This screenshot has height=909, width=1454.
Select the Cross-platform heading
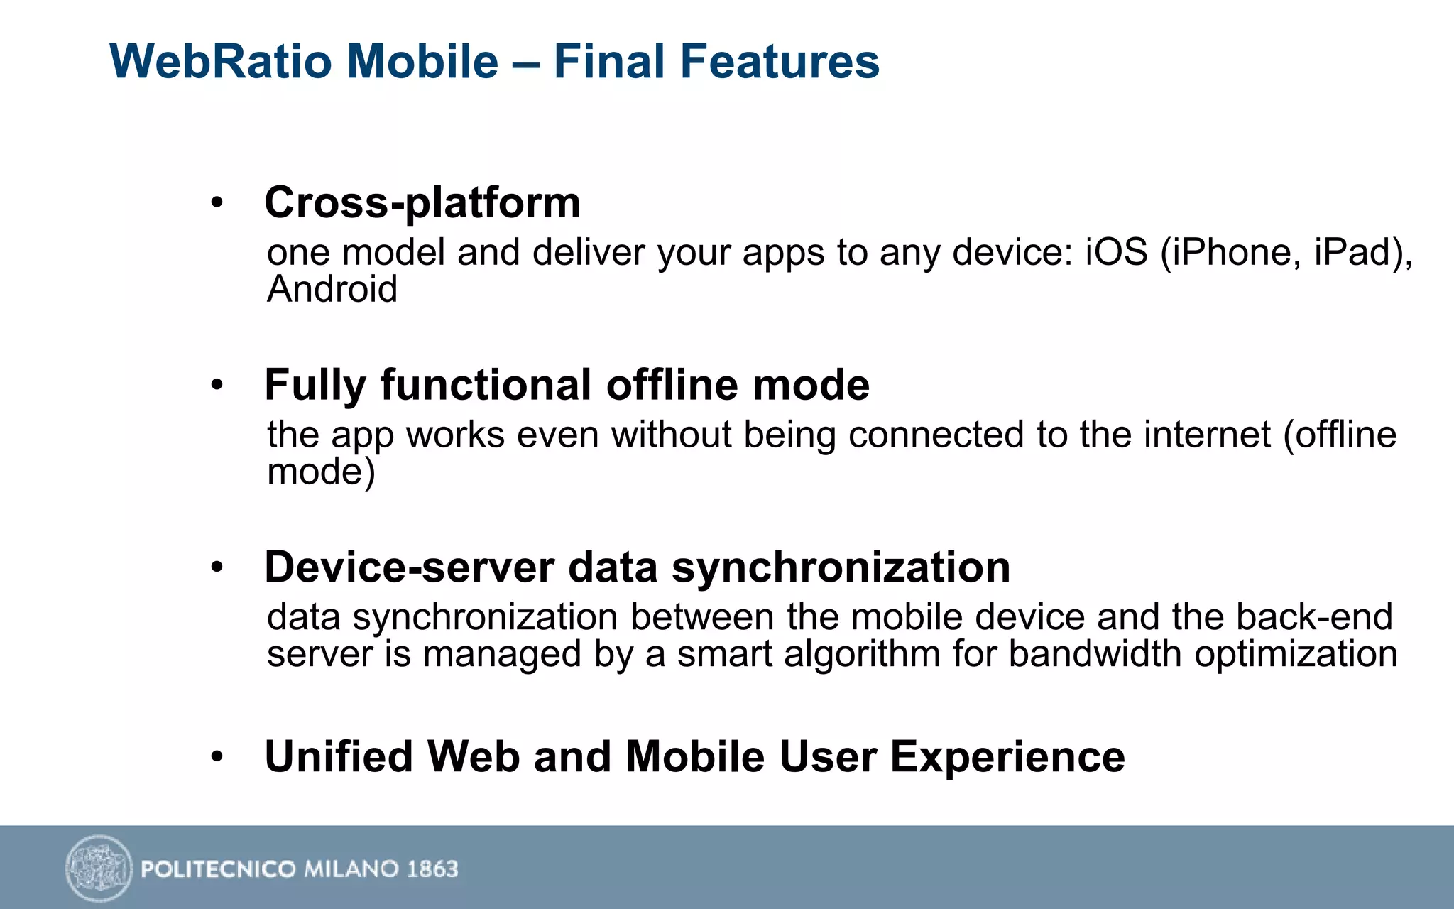[422, 203]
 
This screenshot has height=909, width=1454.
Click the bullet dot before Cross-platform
[217, 204]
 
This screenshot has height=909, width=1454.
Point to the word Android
[332, 290]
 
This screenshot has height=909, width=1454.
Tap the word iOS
[1116, 253]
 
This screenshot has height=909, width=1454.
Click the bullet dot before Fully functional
[217, 386]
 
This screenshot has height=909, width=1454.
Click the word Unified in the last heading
[339, 757]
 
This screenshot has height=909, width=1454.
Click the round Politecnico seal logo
[99, 868]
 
